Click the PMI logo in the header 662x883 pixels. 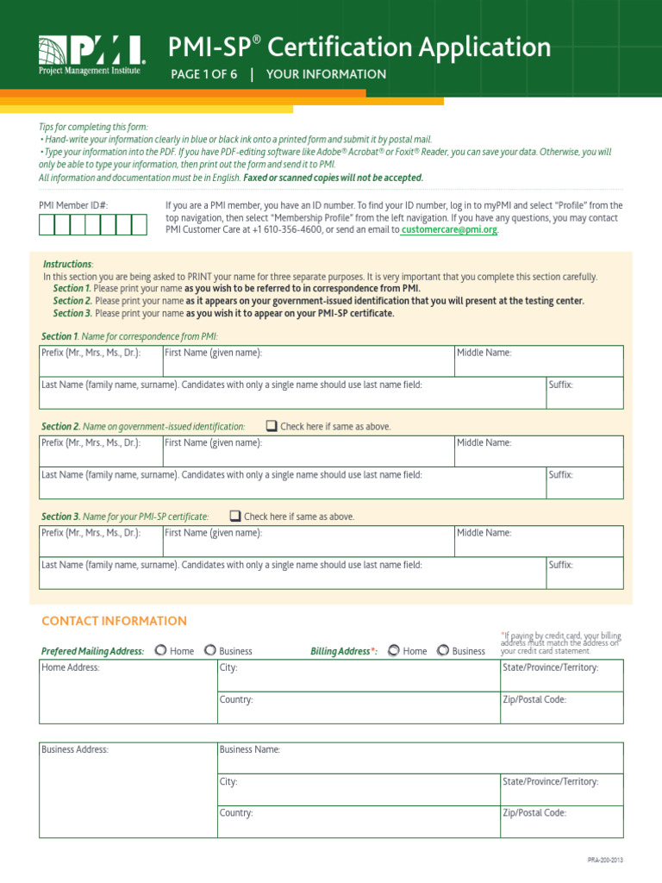91,54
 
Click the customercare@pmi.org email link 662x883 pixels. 449,230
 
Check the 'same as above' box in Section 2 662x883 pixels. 272,426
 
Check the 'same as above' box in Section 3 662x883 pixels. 235,516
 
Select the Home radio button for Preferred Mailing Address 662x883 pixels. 160,650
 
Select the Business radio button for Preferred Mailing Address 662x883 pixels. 209,650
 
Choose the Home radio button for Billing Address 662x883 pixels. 393,650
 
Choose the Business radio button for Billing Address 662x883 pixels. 443,650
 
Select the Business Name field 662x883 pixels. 420,758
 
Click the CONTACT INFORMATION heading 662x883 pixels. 114,621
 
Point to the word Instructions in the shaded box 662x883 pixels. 67,264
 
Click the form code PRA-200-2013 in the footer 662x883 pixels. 605,861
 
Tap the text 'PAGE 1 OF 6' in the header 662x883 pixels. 204,74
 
